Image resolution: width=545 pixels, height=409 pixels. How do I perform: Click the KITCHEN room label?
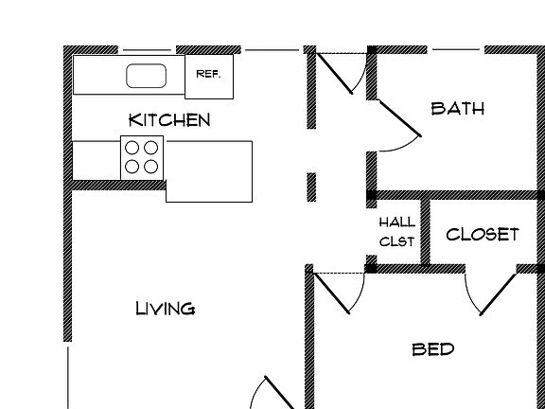[169, 120]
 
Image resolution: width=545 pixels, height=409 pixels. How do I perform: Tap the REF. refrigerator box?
[209, 77]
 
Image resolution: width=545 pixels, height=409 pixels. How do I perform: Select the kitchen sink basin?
[146, 76]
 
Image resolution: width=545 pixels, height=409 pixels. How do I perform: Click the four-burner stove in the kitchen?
[142, 158]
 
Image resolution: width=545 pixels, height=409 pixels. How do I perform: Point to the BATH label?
[457, 109]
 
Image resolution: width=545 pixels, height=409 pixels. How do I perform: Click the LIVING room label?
[165, 309]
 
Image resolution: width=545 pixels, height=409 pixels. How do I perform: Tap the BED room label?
[433, 349]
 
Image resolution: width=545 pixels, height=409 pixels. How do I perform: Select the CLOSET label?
[483, 235]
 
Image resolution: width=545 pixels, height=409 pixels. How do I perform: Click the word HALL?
[397, 222]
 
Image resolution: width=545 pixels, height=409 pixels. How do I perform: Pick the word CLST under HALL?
[397, 241]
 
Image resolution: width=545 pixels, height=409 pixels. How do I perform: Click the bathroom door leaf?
[400, 118]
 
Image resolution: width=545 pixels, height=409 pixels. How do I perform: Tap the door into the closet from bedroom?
[498, 294]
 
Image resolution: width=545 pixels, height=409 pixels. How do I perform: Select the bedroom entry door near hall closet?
[331, 293]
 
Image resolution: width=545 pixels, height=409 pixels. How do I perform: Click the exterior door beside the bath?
[334, 74]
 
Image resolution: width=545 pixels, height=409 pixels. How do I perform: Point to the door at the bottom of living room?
[280, 392]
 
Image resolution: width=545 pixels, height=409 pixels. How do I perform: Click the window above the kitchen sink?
[147, 50]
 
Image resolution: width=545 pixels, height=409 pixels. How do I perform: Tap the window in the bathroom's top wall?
[456, 50]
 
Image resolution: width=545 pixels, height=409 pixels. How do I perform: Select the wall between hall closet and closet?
[426, 232]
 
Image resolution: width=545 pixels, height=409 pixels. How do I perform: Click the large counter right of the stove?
[209, 171]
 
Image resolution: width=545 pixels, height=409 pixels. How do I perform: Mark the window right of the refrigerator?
[272, 50]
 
